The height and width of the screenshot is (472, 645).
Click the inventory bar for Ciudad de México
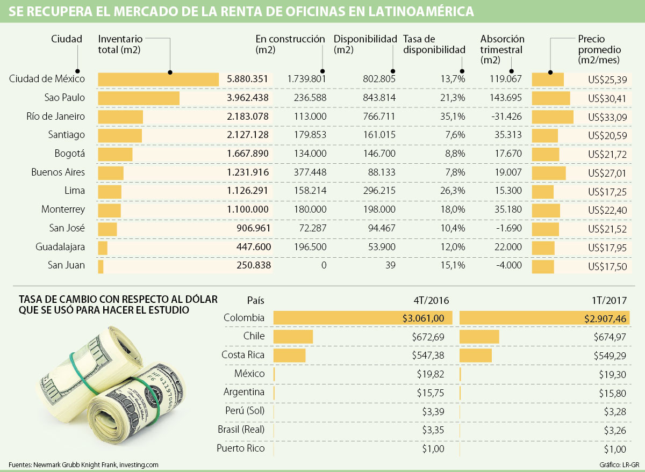(x=158, y=79)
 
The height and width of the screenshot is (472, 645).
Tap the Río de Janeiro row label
(x=55, y=117)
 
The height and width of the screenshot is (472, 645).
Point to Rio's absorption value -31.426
(x=506, y=117)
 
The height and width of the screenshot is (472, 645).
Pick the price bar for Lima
(x=542, y=191)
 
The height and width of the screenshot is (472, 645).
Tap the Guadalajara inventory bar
(x=103, y=248)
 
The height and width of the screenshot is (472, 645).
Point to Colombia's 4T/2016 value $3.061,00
(x=424, y=318)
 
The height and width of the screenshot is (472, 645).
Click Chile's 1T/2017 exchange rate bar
(x=479, y=337)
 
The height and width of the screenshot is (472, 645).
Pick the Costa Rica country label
(x=243, y=355)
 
